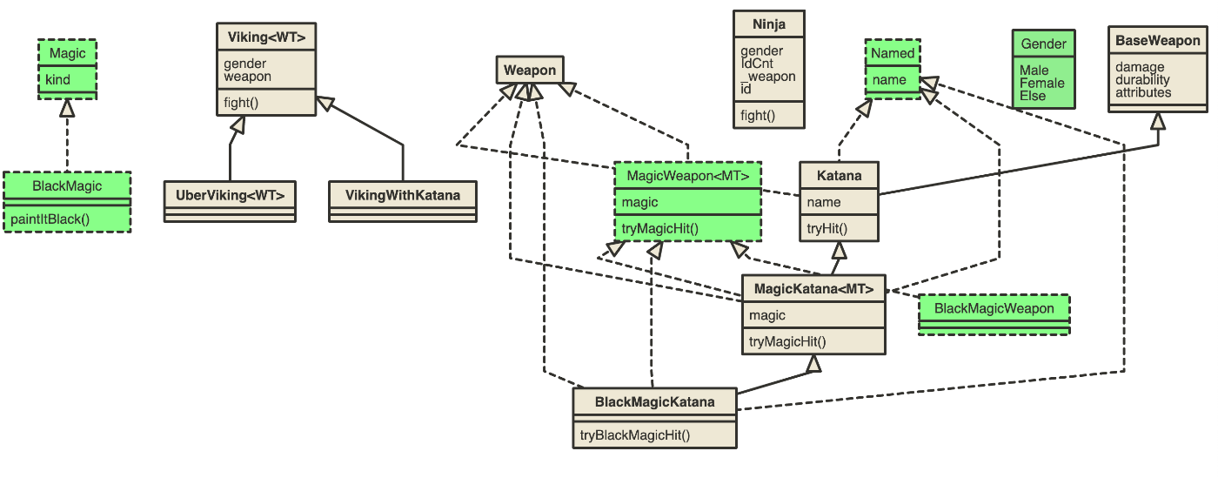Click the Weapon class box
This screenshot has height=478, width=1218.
point(530,70)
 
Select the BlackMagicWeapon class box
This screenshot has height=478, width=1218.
point(994,309)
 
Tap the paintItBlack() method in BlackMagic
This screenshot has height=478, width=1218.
point(50,219)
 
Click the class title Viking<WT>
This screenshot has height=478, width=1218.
point(266,37)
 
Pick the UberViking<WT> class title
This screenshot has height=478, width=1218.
point(230,194)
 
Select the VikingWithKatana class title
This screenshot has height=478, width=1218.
point(403,194)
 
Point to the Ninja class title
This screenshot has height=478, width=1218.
point(769,24)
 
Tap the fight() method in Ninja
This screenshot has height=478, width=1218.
point(757,115)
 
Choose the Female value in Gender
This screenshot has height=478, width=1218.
point(1041,84)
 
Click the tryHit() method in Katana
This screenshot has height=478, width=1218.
point(826,229)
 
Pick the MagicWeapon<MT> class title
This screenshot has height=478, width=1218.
point(687,176)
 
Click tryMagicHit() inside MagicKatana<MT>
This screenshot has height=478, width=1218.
point(787,341)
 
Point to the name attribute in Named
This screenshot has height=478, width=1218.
point(889,80)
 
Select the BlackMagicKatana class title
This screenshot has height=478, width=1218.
point(654,401)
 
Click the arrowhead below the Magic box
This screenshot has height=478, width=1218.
point(67,108)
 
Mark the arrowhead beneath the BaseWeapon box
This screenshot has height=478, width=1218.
point(1157,120)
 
